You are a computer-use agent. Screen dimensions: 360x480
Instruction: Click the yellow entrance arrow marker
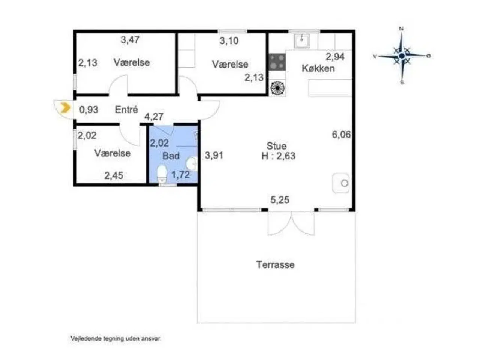(x=66, y=108)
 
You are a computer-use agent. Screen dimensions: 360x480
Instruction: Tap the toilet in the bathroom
(x=162, y=173)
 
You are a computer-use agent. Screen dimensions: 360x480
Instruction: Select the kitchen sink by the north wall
(x=301, y=41)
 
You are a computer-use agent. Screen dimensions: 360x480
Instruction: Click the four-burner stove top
(x=277, y=62)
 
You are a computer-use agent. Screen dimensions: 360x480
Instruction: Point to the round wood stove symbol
(x=277, y=88)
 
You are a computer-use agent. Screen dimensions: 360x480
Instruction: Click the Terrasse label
(x=276, y=265)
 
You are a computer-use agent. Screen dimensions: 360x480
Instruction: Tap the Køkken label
(x=318, y=68)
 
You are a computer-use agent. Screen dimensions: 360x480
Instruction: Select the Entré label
(x=126, y=109)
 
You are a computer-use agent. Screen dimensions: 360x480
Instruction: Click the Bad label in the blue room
(x=171, y=156)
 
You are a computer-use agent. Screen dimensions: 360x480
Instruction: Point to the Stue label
(x=276, y=146)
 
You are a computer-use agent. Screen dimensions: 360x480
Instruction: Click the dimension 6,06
(x=341, y=134)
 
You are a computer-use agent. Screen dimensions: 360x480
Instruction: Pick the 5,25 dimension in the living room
(x=280, y=200)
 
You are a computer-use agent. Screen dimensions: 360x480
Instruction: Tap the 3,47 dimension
(x=130, y=40)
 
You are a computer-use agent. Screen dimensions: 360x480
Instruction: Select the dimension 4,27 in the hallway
(x=154, y=117)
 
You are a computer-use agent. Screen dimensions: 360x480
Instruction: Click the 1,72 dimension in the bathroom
(x=180, y=175)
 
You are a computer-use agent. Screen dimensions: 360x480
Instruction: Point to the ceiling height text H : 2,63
(x=278, y=156)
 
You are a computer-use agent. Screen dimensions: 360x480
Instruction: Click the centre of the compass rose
(x=402, y=56)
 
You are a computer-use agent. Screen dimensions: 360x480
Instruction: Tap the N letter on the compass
(x=401, y=29)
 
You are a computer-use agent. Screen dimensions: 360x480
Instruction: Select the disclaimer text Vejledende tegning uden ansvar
(x=115, y=338)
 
